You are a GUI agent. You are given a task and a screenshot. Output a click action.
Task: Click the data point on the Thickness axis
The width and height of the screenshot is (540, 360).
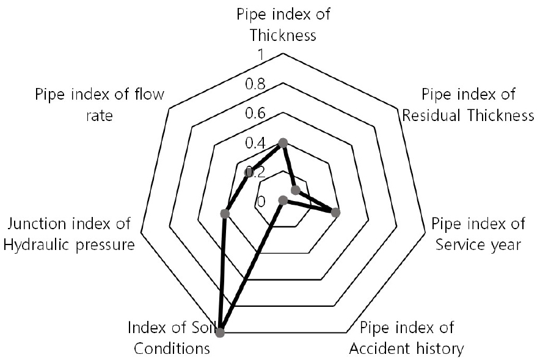click(283, 142)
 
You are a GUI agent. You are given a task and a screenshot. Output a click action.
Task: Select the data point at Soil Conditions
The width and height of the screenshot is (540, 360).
click(220, 332)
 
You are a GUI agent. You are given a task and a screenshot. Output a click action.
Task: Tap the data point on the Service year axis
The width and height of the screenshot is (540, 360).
click(335, 213)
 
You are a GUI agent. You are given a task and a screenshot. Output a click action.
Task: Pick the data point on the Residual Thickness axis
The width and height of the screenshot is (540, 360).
click(295, 190)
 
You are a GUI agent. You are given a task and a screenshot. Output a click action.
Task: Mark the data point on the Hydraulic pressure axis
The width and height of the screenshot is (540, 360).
click(225, 213)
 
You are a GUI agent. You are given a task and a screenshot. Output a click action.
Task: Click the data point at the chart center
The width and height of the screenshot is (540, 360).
click(283, 200)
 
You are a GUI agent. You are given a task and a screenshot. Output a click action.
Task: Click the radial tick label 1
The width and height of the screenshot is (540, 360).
click(260, 54)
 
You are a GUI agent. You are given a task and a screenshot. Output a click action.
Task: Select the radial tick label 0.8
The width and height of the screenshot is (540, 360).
click(255, 84)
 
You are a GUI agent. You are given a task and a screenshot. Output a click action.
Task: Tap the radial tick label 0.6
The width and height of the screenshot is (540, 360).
click(255, 113)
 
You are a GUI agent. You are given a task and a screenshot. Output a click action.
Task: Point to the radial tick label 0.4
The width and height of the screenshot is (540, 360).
click(255, 143)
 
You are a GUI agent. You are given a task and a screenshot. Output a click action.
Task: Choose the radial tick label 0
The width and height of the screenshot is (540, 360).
click(261, 202)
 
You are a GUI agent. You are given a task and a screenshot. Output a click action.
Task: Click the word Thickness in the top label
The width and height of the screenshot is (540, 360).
click(283, 35)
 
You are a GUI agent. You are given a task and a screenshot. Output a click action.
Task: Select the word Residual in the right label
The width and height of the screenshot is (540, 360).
click(428, 116)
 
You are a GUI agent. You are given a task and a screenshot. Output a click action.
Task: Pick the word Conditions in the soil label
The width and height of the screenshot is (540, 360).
click(172, 348)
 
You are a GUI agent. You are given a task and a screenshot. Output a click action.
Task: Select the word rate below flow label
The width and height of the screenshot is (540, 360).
click(99, 116)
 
